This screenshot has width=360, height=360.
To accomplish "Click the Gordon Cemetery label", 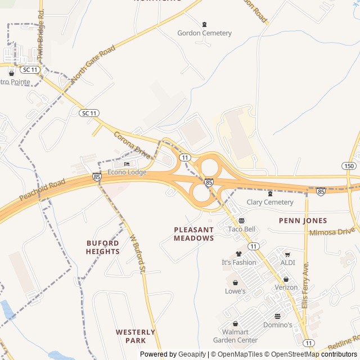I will click(204, 33).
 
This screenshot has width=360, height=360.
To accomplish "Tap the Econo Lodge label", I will click(127, 172).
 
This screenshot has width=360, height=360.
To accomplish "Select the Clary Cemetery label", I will click(270, 202).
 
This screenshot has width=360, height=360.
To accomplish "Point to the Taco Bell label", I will click(242, 229).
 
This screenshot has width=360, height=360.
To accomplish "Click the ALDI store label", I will click(287, 263).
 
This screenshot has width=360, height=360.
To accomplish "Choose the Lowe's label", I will click(235, 291).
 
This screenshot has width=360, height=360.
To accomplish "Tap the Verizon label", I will click(286, 287).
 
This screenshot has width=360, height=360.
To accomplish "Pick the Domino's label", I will click(277, 325).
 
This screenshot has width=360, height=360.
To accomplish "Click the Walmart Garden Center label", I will click(235, 336).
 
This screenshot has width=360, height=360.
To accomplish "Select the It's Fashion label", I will click(238, 262).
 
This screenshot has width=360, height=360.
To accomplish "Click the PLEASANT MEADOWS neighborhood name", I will click(193, 234).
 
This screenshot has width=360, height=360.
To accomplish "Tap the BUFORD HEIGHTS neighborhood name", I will click(103, 247).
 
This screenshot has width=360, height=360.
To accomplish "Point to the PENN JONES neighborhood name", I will click(303, 220).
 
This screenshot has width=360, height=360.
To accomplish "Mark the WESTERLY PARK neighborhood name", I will click(136, 336).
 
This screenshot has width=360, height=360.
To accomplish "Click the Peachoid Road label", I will click(42, 191).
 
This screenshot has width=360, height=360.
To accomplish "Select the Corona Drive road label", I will click(132, 145).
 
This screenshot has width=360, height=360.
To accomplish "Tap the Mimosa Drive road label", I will click(332, 231).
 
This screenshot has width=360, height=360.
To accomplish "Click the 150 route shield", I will click(348, 166).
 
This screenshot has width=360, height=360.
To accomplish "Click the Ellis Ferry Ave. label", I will click(305, 285).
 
